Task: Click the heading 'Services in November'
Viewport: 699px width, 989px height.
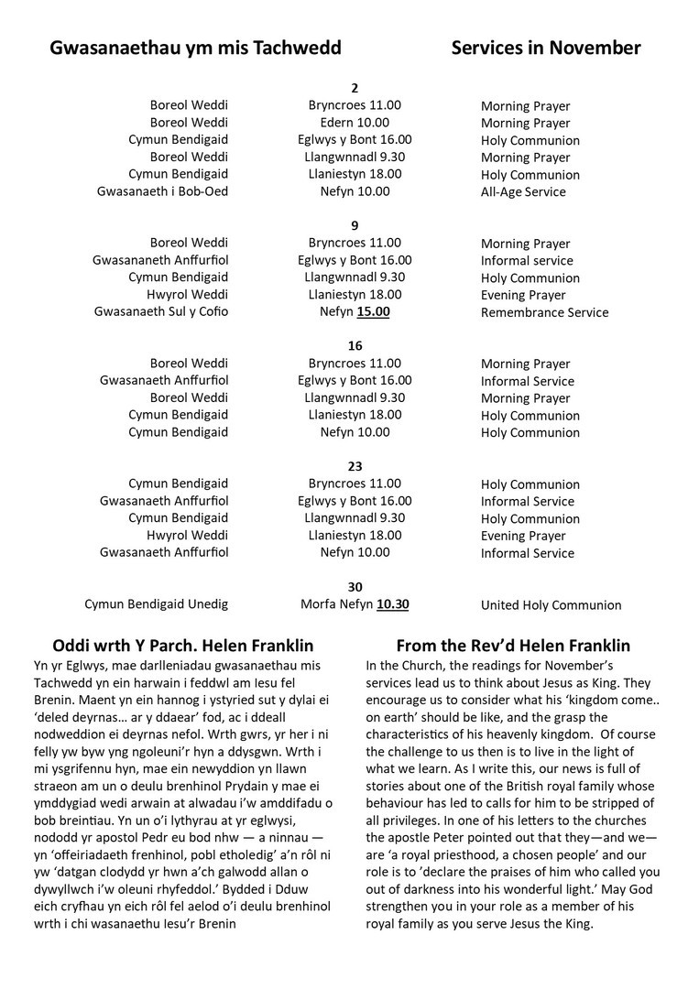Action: (545, 49)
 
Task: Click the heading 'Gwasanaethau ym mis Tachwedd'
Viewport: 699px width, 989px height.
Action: (195, 49)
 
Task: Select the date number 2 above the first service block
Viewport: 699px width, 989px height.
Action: (355, 89)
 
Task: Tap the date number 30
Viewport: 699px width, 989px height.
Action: (355, 587)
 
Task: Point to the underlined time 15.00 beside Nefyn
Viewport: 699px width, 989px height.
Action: (373, 312)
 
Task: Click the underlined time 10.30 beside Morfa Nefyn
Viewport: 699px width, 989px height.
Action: (393, 604)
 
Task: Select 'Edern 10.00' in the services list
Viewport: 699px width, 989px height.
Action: (355, 123)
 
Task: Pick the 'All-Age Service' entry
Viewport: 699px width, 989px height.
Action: (523, 192)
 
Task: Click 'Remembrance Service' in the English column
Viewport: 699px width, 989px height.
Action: (544, 312)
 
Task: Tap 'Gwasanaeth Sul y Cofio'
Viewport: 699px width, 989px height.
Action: (160, 312)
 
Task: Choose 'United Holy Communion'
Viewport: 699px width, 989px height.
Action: (551, 605)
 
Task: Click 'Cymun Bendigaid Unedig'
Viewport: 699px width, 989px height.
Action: (156, 604)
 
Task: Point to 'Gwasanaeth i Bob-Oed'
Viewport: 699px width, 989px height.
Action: (162, 191)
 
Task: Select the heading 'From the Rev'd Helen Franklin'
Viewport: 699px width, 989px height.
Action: (513, 646)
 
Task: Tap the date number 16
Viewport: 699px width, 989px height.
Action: (355, 346)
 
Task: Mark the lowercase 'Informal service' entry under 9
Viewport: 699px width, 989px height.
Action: (527, 261)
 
